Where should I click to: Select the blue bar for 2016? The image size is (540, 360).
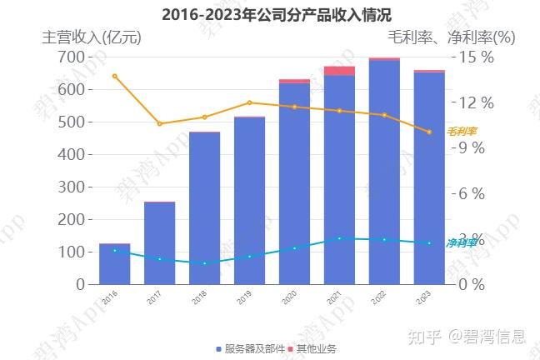tap(114, 264)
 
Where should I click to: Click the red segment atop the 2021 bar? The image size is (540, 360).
tap(339, 71)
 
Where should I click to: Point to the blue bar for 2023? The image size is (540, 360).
tap(429, 178)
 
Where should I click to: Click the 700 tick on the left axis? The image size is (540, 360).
tap(71, 57)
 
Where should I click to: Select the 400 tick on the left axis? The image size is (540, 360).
tap(71, 154)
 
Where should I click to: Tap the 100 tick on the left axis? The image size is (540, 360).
tap(71, 252)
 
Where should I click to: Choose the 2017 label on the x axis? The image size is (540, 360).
tap(154, 297)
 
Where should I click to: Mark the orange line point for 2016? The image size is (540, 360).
tap(114, 76)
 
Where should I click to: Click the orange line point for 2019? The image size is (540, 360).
tap(249, 102)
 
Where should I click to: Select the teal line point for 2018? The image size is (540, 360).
tap(204, 263)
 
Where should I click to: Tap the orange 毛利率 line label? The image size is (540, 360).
tap(462, 131)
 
